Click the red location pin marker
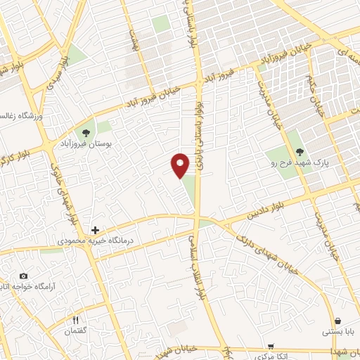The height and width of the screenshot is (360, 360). [x=180, y=165]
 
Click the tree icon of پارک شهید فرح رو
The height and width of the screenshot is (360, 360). [x=300, y=152]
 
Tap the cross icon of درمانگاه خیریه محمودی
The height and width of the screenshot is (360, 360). [x=96, y=230]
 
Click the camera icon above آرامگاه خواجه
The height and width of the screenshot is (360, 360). [x=24, y=276]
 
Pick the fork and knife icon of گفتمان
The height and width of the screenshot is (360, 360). [x=84, y=320]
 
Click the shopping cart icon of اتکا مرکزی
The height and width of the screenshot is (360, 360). [x=271, y=347]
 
